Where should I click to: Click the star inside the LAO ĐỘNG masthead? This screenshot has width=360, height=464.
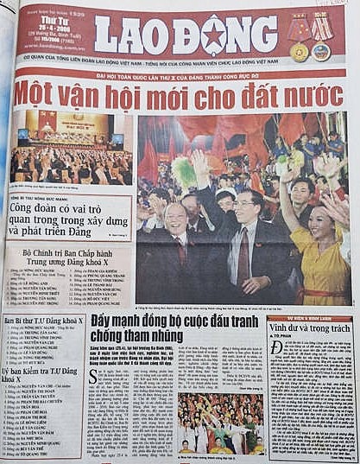point(211,37)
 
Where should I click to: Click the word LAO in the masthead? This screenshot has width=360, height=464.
point(135,36)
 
